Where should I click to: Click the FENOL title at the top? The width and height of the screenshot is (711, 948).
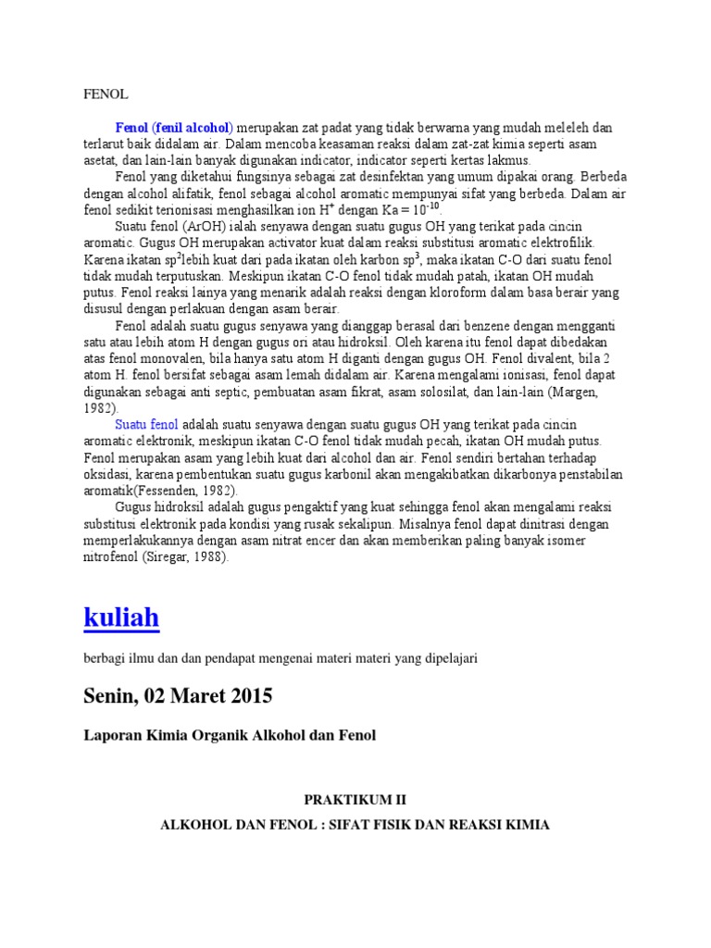click(x=105, y=94)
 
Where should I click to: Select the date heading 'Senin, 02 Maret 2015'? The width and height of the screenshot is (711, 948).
click(x=178, y=695)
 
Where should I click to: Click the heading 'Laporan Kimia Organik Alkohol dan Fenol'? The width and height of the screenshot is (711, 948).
click(x=230, y=735)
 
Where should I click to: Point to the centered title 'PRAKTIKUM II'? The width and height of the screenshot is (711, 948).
click(x=355, y=798)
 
